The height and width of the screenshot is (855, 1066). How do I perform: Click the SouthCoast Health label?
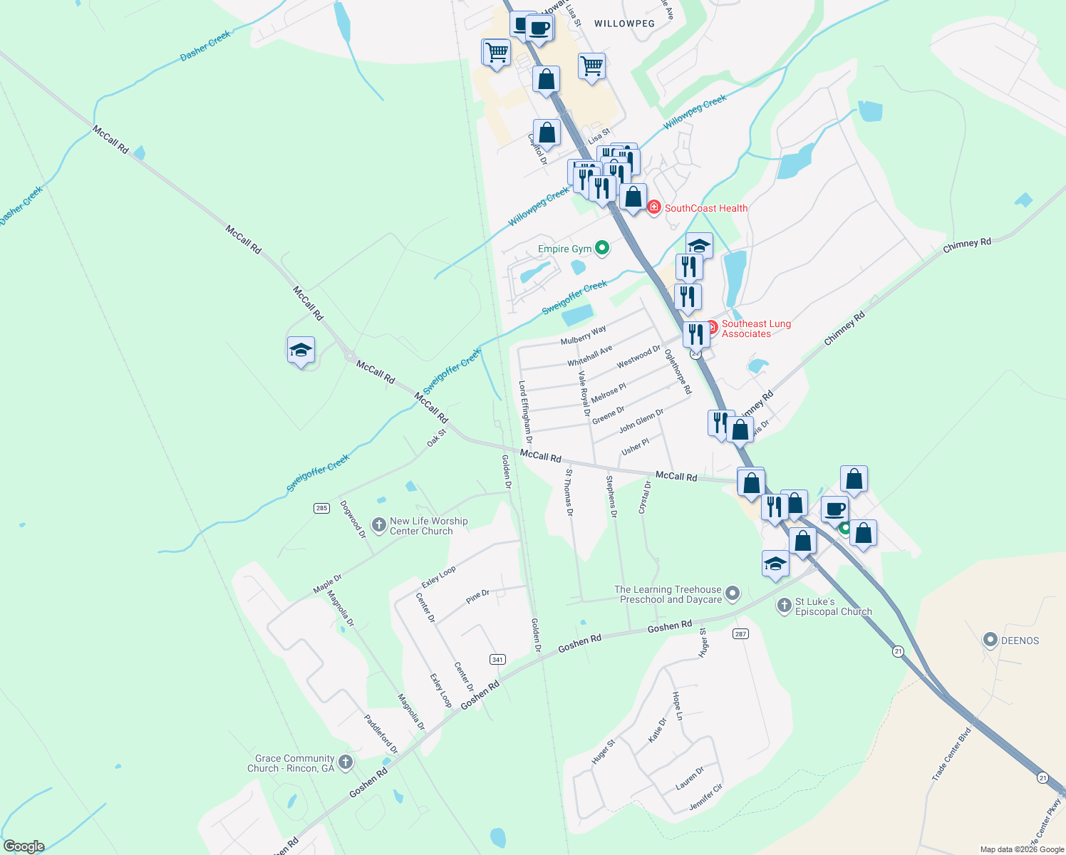705,208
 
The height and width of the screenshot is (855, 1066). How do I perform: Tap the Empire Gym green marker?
602,248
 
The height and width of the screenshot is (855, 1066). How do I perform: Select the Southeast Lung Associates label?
756,328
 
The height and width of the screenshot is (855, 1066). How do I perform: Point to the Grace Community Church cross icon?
346,763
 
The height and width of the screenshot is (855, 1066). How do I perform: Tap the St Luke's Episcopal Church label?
833,606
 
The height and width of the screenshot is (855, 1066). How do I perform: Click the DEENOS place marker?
990,640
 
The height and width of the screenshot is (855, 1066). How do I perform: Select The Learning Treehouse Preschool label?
668,594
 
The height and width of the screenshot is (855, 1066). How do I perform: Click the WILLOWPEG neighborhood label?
624,24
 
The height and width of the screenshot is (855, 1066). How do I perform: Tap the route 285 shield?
321,508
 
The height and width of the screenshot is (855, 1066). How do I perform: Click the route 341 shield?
497,659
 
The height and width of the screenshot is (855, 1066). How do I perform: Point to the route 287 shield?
741,633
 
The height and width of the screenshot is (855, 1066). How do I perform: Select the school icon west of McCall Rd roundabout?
301,351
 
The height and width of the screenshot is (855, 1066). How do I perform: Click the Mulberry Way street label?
583,336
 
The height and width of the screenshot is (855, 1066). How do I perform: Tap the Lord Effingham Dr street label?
525,411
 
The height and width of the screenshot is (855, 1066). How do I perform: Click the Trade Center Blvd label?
951,754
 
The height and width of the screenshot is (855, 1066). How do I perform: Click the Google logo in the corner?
24,846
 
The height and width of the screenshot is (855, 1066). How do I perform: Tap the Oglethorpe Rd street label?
678,371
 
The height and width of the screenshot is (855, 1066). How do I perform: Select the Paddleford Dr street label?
381,734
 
